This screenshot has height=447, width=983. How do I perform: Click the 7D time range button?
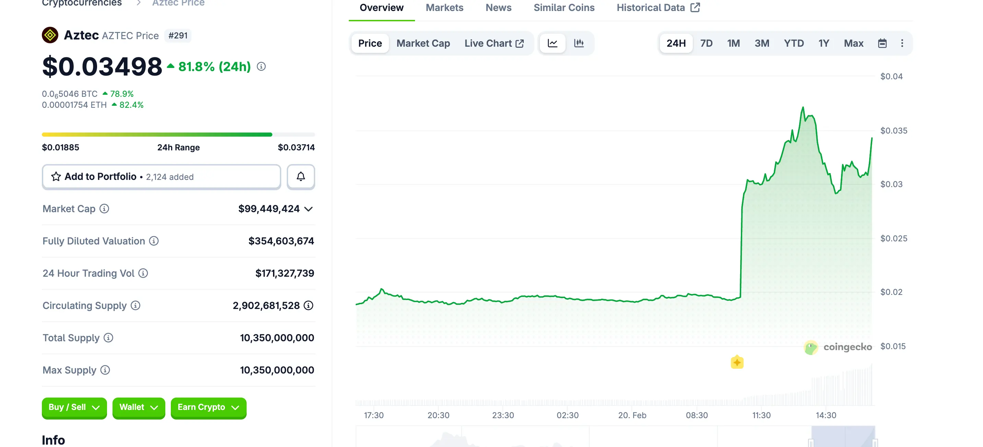(x=706, y=43)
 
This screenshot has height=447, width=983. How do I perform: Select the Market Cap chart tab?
(x=423, y=43)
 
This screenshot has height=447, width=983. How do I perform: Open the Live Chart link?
(x=494, y=43)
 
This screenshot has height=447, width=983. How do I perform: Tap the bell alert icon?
(x=301, y=176)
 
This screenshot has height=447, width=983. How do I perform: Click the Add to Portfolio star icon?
(x=56, y=176)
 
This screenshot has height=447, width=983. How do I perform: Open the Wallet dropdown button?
(x=139, y=407)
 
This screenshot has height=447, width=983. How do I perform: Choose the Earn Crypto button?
(x=208, y=407)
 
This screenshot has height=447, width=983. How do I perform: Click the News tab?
(x=498, y=8)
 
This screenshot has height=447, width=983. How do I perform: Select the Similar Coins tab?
(x=564, y=8)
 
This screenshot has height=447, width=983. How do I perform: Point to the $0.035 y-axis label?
(x=893, y=131)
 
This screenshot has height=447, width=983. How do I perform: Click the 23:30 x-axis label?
(x=502, y=415)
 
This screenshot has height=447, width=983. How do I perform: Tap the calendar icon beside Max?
(x=882, y=43)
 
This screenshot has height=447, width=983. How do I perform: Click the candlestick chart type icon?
(x=579, y=43)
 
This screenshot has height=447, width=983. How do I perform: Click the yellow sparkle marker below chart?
(x=736, y=362)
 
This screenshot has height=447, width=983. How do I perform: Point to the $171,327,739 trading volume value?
(x=284, y=273)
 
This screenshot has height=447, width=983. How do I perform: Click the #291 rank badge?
(x=178, y=35)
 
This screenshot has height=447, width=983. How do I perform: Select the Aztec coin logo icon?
(x=50, y=35)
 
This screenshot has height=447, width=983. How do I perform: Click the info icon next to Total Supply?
(x=108, y=338)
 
